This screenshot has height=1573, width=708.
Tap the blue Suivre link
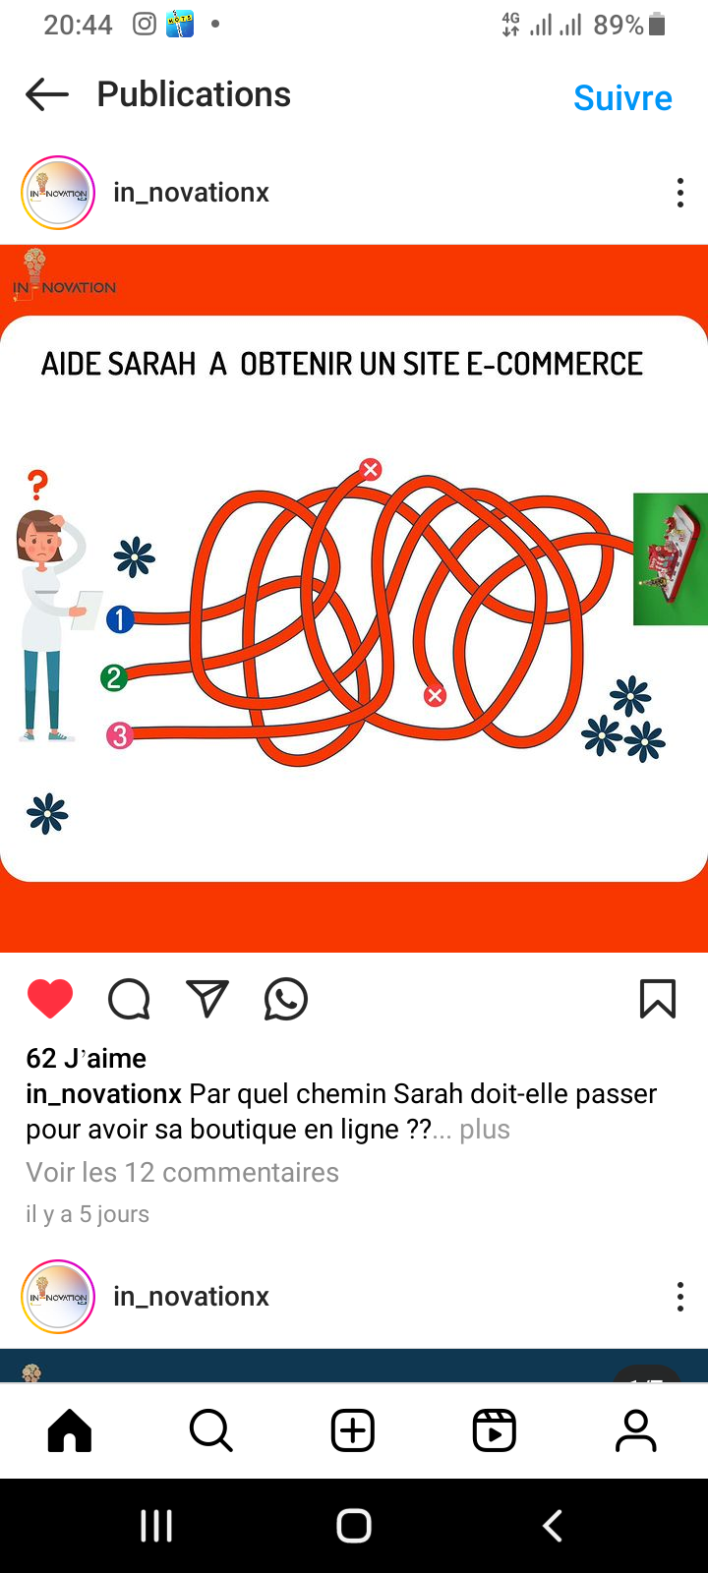(622, 97)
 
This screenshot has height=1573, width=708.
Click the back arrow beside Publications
(47, 94)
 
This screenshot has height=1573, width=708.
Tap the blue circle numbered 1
(120, 619)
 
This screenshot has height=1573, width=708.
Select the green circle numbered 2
(114, 677)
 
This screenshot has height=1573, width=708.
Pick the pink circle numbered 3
(119, 735)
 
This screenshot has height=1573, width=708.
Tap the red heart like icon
(50, 998)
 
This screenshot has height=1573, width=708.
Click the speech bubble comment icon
(129, 999)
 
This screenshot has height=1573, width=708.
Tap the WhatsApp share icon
(286, 999)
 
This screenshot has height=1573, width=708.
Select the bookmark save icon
(658, 999)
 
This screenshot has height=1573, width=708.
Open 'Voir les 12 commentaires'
(183, 1172)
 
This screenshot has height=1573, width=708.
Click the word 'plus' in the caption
(485, 1130)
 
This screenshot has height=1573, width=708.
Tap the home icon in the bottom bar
(70, 1429)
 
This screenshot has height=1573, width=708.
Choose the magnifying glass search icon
(210, 1429)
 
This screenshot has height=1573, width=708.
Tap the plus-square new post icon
(353, 1429)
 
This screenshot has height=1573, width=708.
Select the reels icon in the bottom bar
(495, 1429)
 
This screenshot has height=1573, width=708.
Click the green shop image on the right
(670, 559)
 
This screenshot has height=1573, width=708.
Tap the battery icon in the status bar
(657, 24)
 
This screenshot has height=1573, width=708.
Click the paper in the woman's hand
(88, 610)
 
